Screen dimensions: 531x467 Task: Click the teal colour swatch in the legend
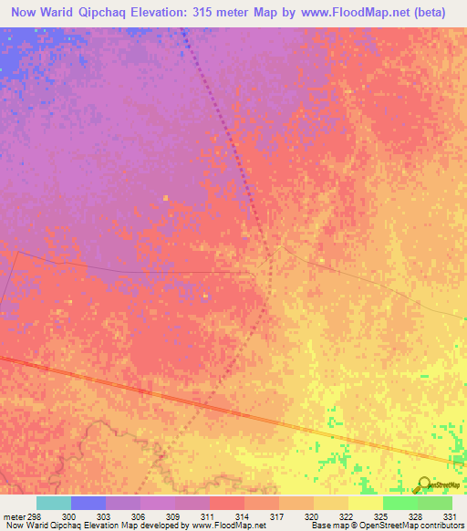click(54, 503)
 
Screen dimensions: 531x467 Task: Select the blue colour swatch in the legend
click(88, 503)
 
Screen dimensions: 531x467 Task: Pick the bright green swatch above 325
click(400, 503)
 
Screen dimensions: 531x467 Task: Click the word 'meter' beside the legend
click(13, 515)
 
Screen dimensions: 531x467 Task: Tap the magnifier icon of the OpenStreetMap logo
click(422, 484)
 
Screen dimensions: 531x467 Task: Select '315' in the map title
click(225, 13)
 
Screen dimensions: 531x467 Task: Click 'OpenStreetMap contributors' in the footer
click(410, 526)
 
